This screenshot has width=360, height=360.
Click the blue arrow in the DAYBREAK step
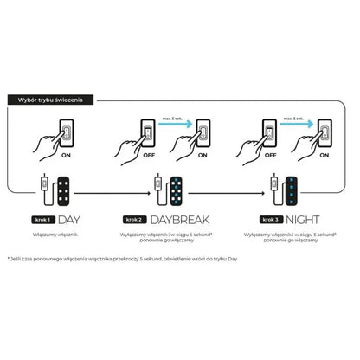coord(178,123)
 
